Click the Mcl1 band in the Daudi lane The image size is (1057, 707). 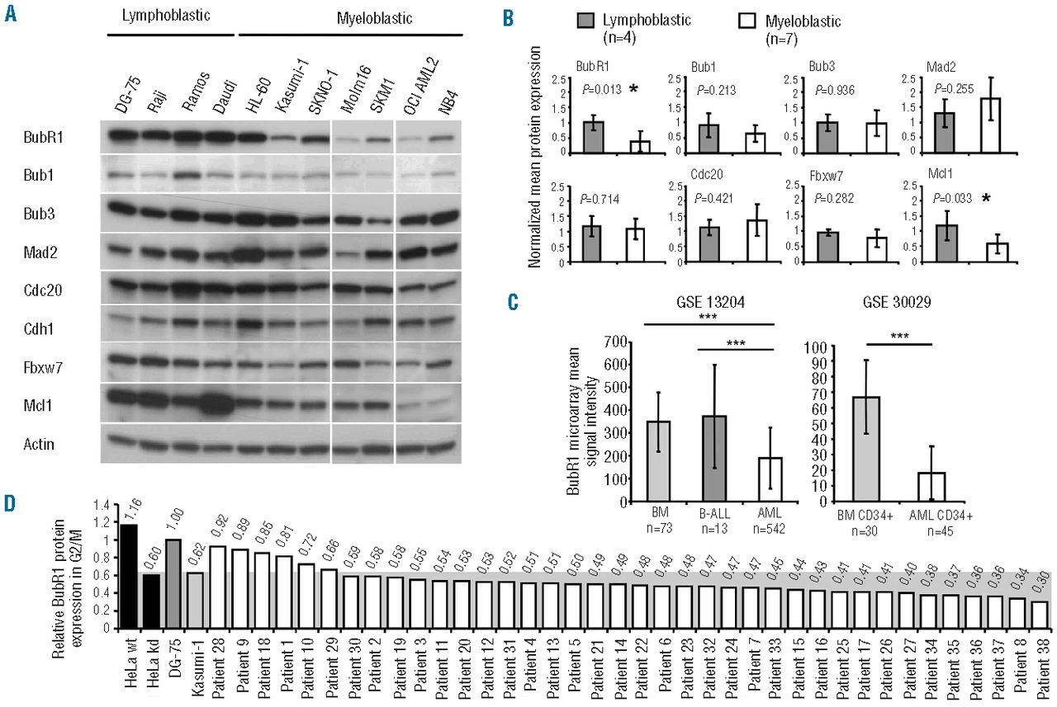(x=218, y=404)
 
